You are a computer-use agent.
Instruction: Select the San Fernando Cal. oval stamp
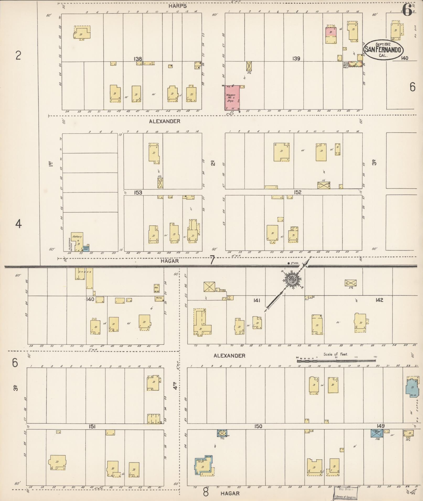point(383,50)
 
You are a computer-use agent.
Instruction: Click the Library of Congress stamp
point(346,493)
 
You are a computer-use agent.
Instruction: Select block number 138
point(138,59)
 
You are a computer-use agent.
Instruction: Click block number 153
point(138,192)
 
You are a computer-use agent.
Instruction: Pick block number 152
point(297,192)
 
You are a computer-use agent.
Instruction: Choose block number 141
point(256,300)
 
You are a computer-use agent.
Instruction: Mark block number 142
point(379,300)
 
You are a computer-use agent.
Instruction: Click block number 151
point(92,427)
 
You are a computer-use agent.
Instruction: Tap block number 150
point(258,426)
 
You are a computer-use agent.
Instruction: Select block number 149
point(380,426)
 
